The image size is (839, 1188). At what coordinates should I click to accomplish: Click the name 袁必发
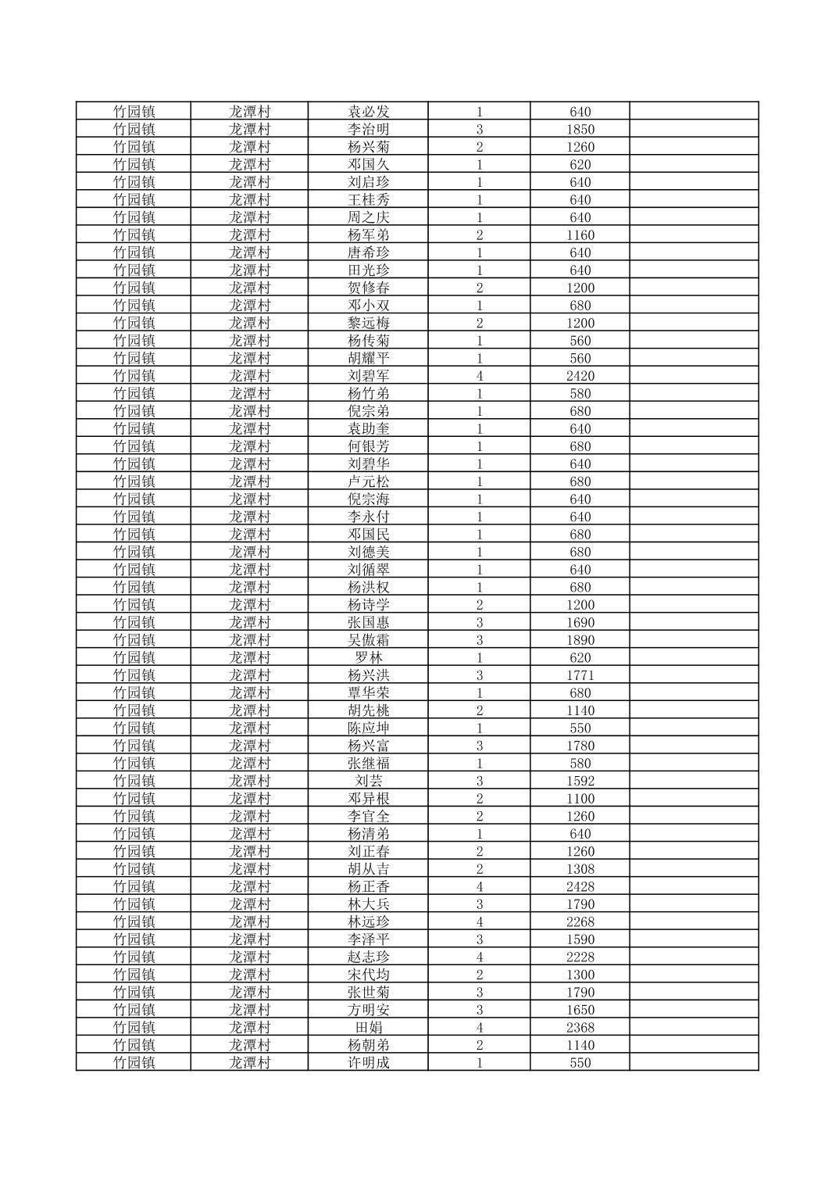(368, 112)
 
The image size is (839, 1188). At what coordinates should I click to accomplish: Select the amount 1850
(580, 130)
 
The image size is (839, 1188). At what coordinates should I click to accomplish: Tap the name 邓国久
(368, 165)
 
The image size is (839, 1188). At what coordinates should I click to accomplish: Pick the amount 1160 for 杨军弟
(580, 235)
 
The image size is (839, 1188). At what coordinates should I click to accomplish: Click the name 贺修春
(368, 288)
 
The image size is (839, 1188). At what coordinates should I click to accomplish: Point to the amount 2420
(580, 376)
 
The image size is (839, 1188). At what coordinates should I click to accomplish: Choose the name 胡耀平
(368, 358)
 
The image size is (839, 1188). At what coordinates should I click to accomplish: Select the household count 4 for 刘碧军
(479, 376)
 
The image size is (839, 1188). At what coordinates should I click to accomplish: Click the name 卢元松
(368, 481)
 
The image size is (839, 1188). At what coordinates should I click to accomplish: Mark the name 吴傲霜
(368, 640)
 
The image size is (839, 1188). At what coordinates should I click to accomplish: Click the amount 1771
(580, 675)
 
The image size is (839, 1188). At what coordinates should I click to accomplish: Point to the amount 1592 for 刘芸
(580, 781)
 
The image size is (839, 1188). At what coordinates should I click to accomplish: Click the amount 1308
(580, 869)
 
